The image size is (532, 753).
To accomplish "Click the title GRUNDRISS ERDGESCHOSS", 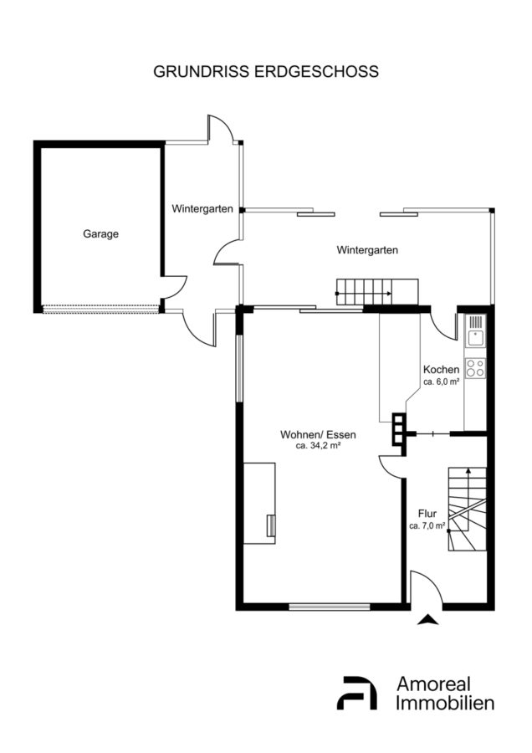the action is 265,71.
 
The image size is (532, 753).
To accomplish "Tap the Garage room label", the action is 101,234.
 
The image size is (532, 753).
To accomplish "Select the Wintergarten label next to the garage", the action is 202,209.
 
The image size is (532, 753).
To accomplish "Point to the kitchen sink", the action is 476,330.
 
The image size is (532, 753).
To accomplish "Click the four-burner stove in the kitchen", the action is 475,368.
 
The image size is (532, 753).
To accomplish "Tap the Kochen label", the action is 442,370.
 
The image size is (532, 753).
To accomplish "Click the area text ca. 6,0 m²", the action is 442,382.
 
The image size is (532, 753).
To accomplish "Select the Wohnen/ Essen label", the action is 319,434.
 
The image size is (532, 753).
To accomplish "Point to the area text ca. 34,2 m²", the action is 319,446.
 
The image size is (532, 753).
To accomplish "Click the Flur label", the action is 427,514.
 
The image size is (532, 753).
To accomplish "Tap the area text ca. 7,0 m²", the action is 427,526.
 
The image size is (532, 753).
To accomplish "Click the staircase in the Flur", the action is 468,509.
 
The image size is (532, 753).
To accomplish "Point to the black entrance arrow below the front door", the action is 427,619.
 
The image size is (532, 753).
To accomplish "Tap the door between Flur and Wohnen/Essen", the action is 391,466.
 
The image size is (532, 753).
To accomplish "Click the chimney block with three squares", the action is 398,429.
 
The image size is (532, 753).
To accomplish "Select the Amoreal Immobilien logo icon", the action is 356,693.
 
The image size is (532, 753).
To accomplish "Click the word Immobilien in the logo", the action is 445,703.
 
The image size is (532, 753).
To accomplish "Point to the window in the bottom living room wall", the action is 330,607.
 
